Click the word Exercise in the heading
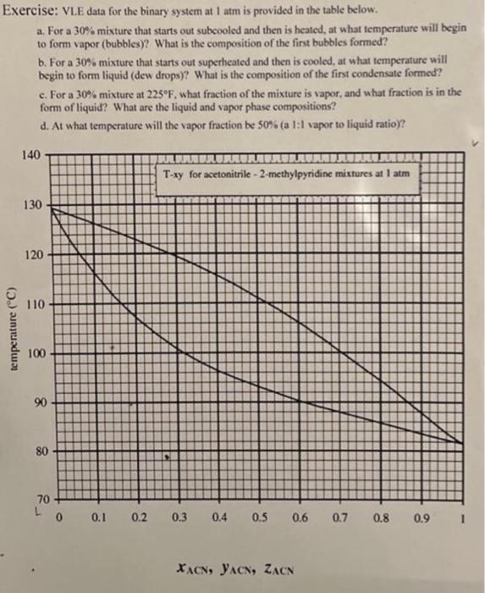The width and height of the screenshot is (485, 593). tap(29, 11)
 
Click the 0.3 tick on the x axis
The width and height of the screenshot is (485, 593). tap(180, 516)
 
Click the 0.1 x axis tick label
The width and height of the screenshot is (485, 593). tap(99, 516)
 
